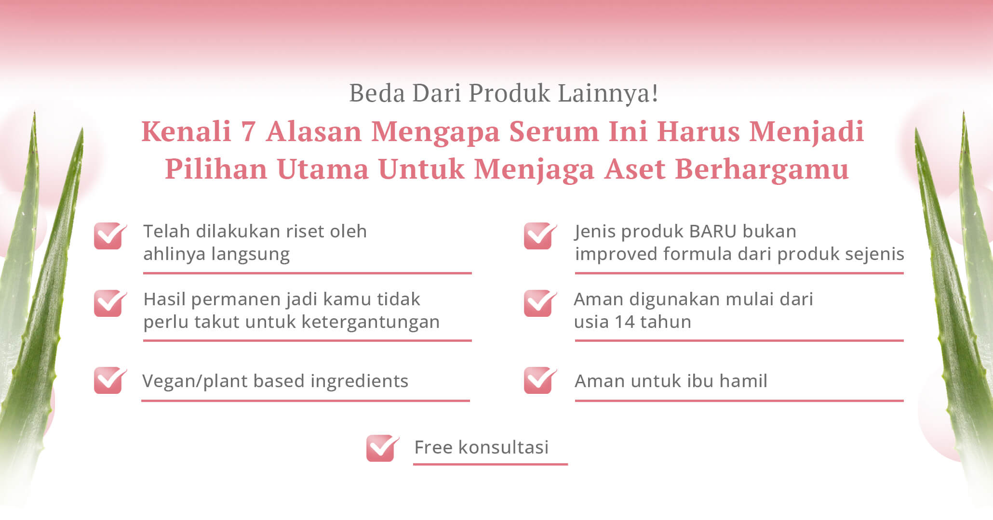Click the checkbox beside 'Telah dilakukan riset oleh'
(110, 236)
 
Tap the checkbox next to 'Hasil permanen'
(110, 303)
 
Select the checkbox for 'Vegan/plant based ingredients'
(110, 380)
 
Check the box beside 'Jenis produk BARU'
(540, 236)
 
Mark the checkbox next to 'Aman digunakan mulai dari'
(540, 303)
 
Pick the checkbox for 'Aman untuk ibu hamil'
(540, 380)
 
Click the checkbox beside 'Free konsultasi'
(382, 448)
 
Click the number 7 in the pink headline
(248, 131)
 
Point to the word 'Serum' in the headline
(554, 131)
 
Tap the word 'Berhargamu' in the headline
(762, 169)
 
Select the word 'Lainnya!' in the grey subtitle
(608, 93)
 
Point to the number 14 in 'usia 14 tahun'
(625, 322)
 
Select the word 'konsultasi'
(503, 447)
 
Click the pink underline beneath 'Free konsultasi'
(490, 464)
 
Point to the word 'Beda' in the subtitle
(377, 93)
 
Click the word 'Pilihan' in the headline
(216, 169)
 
